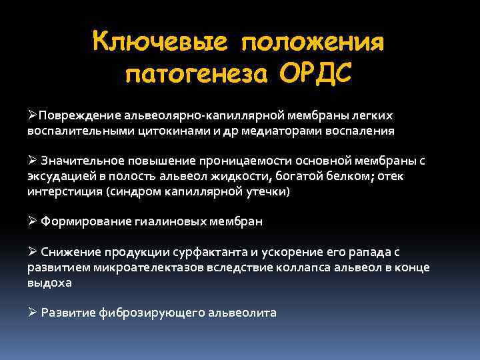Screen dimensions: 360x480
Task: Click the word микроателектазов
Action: pos(139,267)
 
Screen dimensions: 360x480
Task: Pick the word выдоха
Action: pos(49,282)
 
